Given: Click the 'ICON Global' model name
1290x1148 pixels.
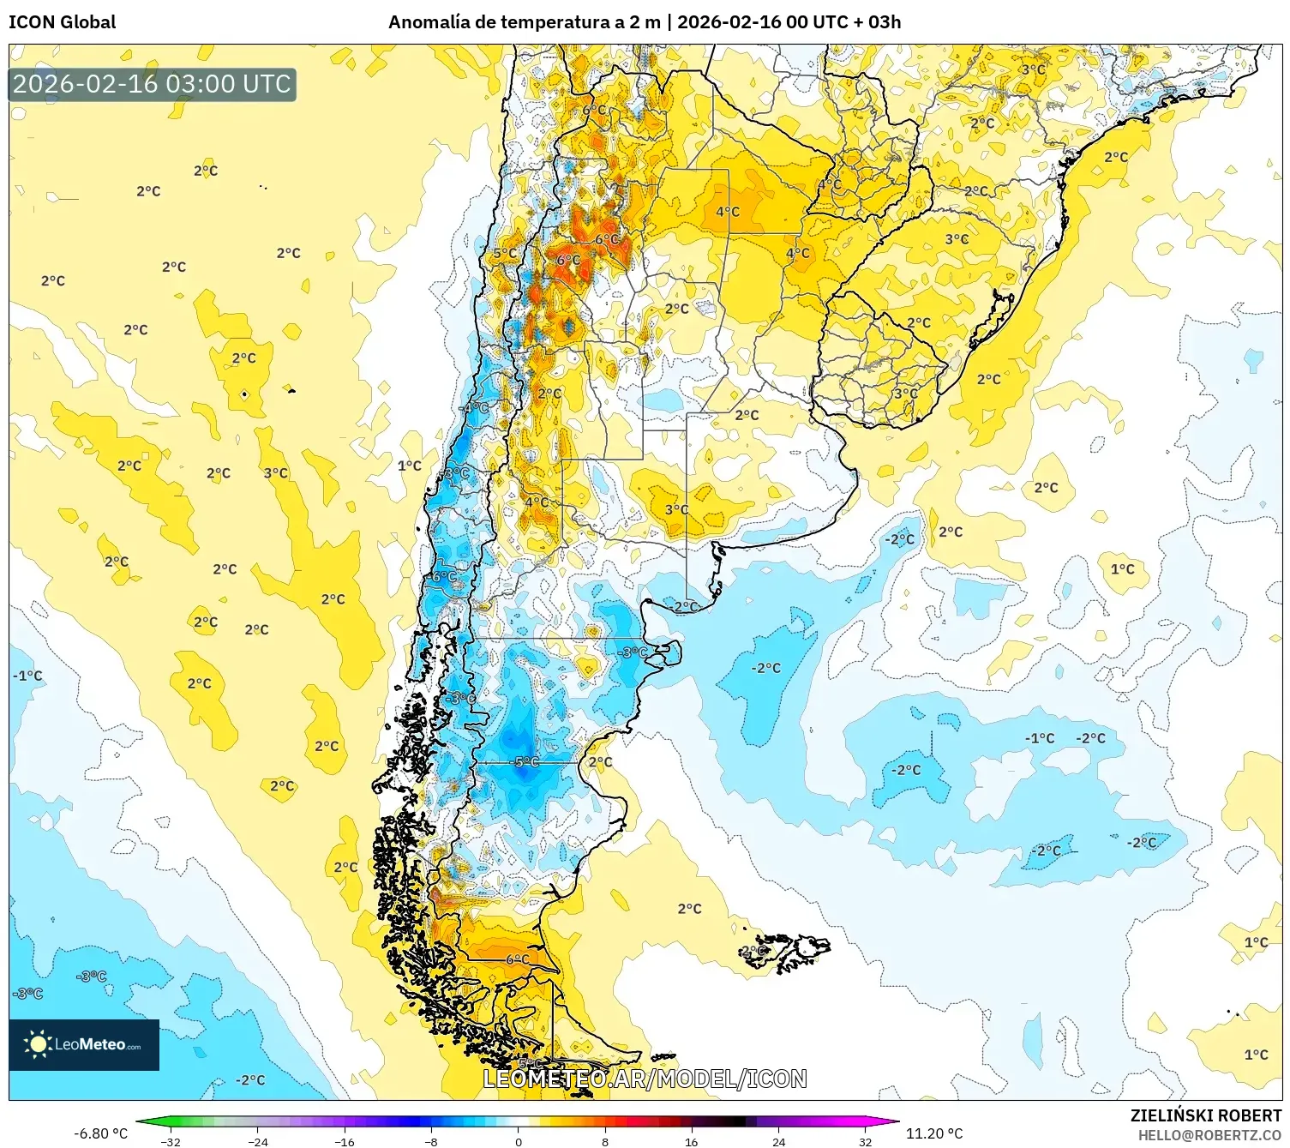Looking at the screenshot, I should click(x=62, y=22).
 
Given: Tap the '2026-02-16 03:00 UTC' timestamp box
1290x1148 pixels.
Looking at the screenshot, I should click(x=153, y=84).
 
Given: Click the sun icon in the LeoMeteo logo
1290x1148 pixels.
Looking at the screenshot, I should click(x=37, y=1043).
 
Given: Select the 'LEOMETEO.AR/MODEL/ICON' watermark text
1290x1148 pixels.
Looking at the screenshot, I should click(x=645, y=1079).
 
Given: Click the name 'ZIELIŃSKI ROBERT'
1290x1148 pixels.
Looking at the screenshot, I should click(x=1205, y=1115).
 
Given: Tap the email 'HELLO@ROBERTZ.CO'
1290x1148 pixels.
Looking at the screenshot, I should click(x=1209, y=1135).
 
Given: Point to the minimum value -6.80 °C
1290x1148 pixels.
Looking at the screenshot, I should click(x=100, y=1133).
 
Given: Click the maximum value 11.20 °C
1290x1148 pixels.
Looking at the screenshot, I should click(x=934, y=1133).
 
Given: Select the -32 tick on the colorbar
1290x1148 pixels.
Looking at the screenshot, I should click(x=171, y=1141).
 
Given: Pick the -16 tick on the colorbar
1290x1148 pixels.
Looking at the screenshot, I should click(x=345, y=1141).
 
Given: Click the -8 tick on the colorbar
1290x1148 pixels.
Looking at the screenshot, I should click(x=431, y=1141).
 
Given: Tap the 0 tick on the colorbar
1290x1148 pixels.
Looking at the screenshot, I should click(x=518, y=1141).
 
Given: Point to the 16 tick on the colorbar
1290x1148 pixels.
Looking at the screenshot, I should click(x=691, y=1141).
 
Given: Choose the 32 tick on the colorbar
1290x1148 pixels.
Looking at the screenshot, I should click(x=865, y=1141).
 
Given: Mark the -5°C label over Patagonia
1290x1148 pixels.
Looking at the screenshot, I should click(x=526, y=762).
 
